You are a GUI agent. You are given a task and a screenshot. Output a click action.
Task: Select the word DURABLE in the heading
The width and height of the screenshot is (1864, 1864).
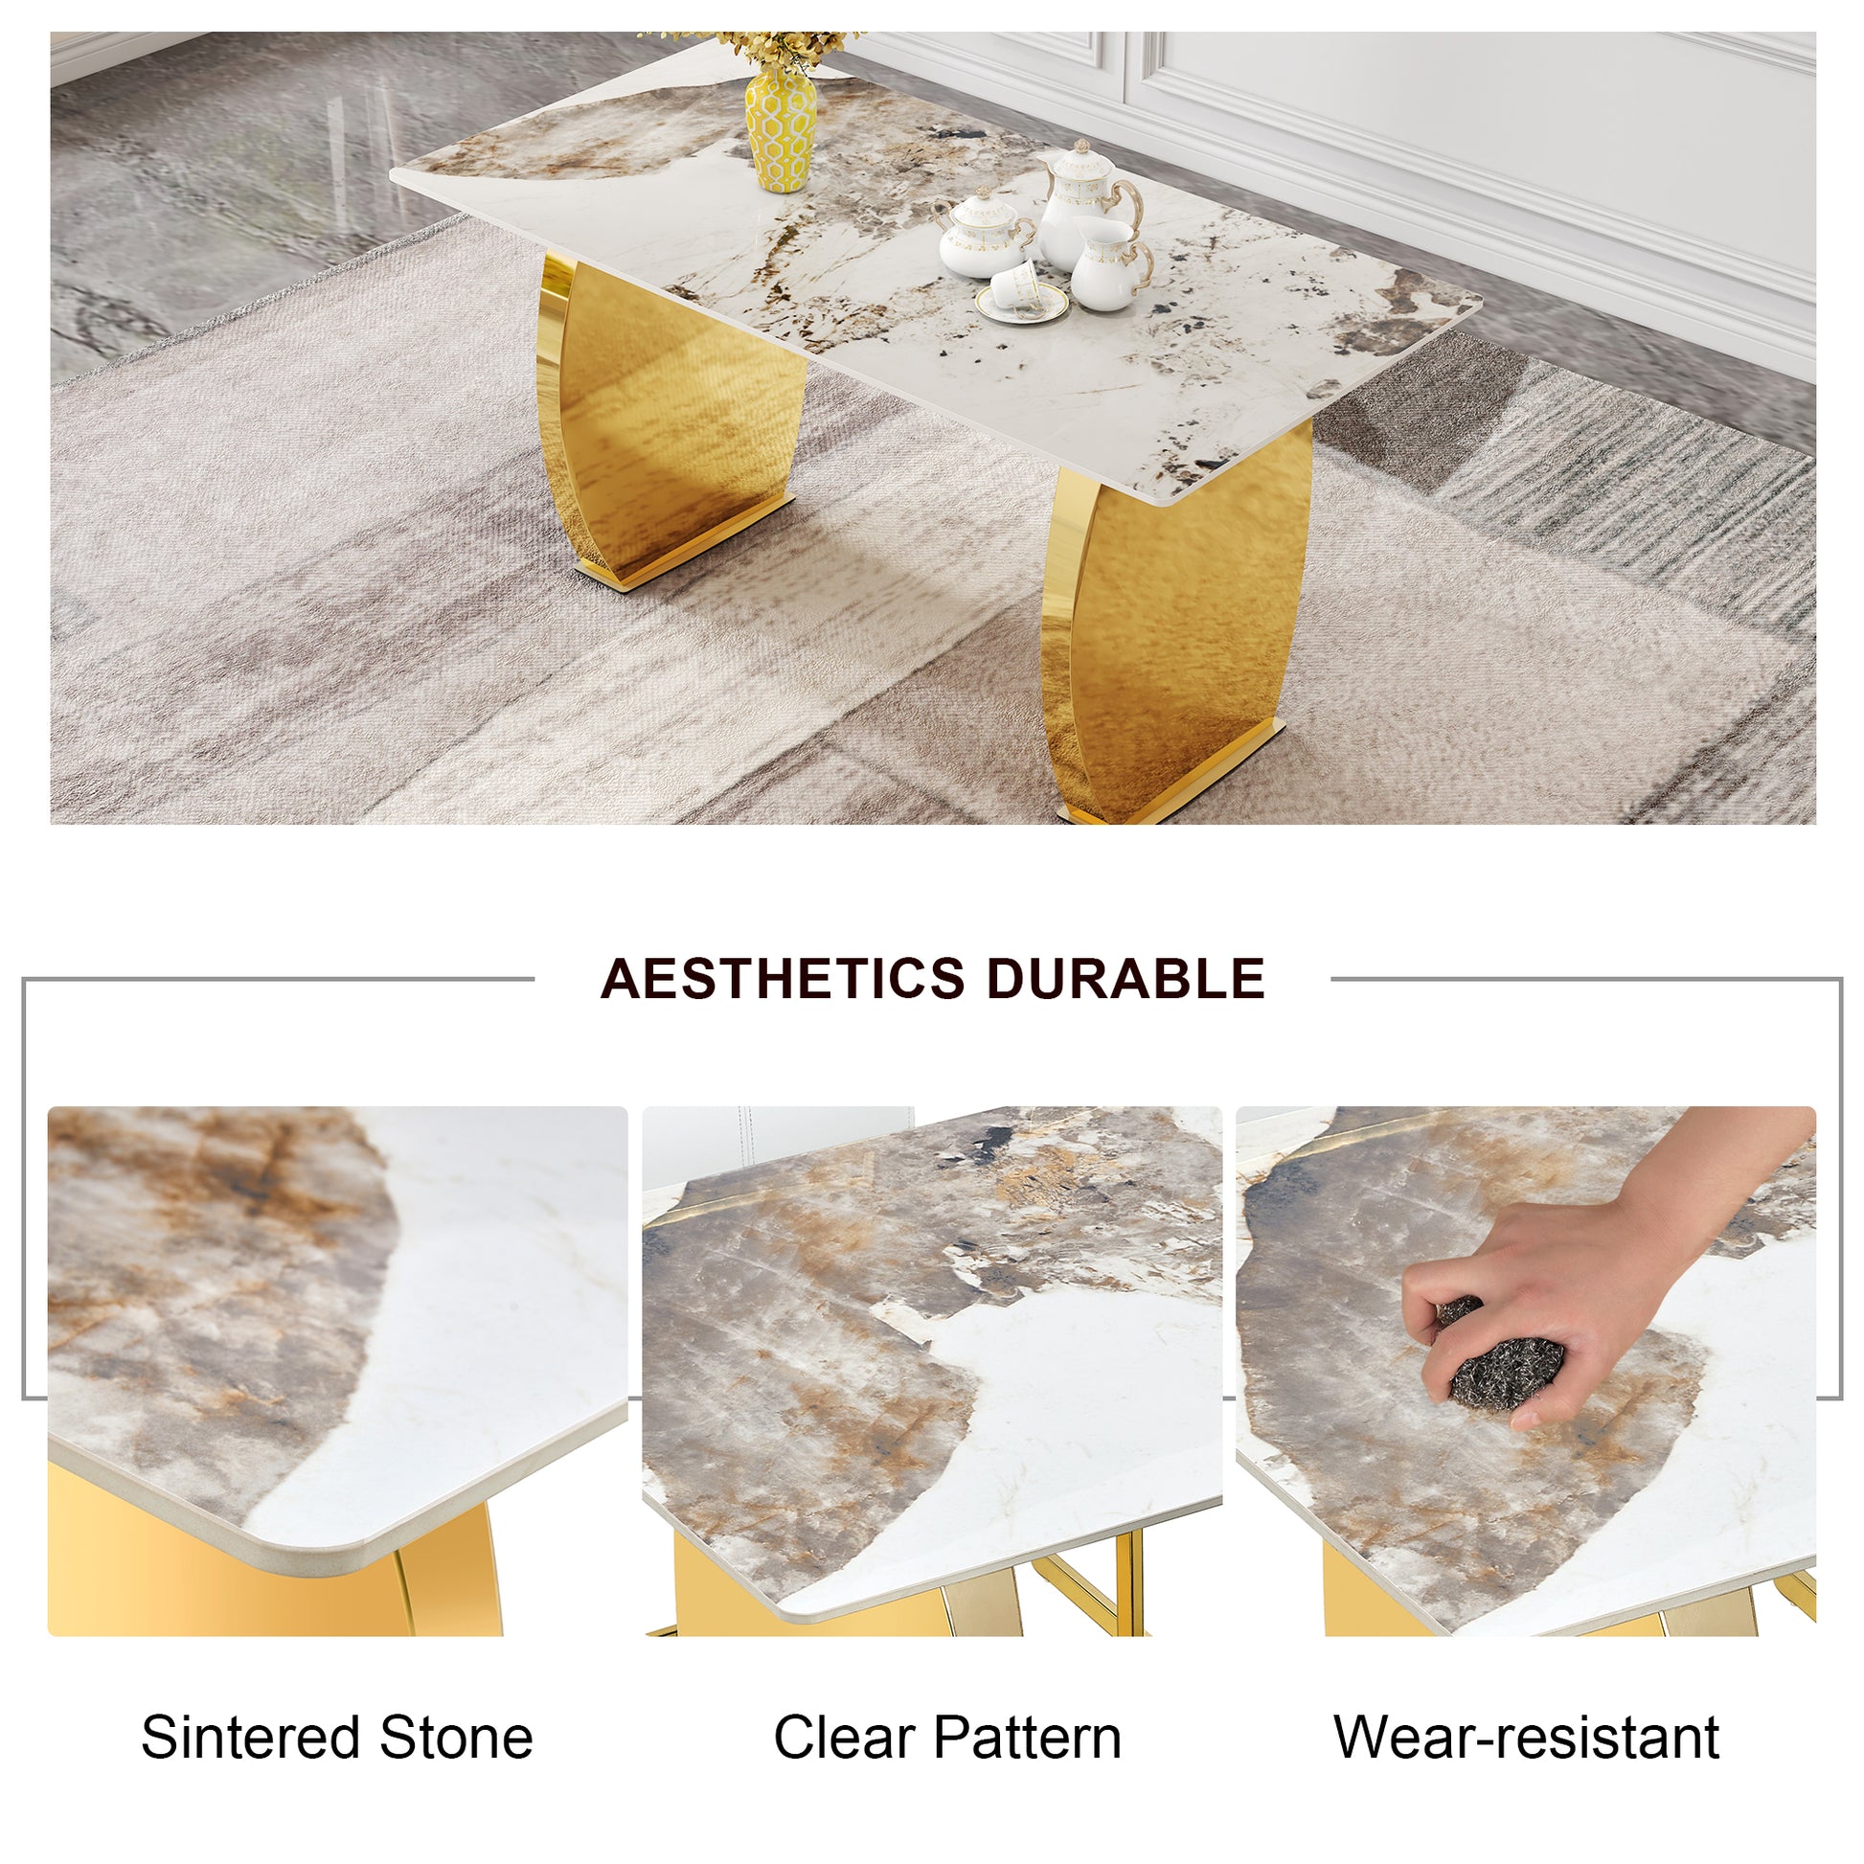pyautogui.click(x=1124, y=978)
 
